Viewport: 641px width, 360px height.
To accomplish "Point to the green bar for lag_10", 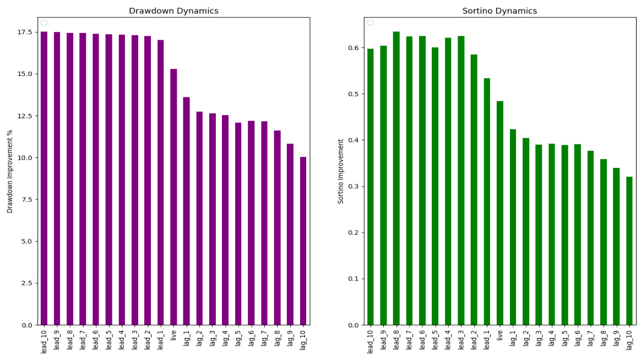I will (629, 250).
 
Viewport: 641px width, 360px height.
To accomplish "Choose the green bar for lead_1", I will (487, 201).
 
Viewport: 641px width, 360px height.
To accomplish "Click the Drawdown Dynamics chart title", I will (173, 11).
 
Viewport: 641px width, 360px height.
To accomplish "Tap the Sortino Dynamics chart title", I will (499, 11).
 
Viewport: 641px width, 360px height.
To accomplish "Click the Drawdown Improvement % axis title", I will (10, 171).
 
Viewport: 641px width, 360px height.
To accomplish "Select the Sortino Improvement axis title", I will (341, 171).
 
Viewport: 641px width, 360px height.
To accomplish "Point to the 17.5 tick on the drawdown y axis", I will (24, 32).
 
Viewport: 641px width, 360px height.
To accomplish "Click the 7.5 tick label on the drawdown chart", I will (26, 199).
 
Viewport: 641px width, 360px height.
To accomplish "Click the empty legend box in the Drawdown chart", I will (44, 23).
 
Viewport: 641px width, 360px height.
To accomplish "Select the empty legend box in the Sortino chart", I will (370, 23).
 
